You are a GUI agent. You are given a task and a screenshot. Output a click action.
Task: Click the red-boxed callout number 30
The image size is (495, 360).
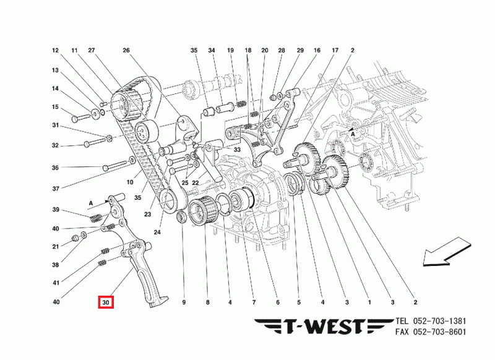coord(106,302)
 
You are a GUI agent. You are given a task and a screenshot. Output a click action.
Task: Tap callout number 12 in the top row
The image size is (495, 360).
coord(55,50)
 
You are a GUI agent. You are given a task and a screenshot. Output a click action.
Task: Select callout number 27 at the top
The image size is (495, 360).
coord(92,50)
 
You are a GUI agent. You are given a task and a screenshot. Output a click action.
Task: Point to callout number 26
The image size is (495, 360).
coord(126,50)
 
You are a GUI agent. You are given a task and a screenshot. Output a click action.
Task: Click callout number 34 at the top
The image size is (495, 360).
coord(212,50)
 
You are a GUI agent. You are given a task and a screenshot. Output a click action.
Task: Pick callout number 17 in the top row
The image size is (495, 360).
coord(335,50)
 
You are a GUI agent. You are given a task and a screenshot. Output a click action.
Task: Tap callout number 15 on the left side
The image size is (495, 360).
coord(55,107)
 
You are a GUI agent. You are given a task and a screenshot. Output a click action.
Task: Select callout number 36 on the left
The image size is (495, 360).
coord(55,168)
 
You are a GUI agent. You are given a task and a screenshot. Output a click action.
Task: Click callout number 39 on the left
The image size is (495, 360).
coord(55,209)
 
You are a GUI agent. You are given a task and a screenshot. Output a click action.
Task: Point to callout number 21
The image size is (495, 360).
coord(55,247)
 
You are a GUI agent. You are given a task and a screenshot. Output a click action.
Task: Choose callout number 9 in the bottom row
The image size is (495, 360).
coord(184,302)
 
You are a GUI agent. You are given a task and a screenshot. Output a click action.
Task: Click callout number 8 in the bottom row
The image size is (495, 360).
coord(208,302)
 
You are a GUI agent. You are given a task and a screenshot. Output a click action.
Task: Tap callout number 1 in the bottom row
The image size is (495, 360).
coord(369,302)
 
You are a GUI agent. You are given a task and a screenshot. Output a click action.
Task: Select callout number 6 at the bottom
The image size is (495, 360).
coord(277,302)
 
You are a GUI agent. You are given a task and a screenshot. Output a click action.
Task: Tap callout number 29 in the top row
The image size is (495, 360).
coord(300,50)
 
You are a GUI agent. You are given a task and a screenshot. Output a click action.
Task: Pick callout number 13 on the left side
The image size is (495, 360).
coord(55,71)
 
